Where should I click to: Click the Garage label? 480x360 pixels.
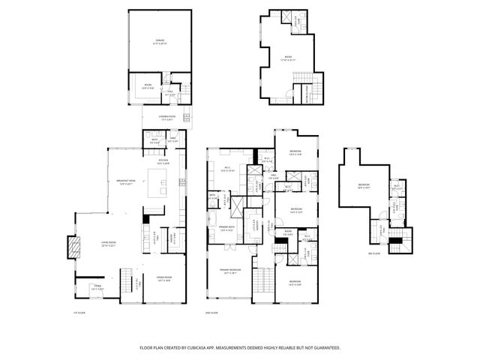159,42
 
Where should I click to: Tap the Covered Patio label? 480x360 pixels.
167,116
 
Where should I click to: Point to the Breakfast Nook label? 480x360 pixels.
127,181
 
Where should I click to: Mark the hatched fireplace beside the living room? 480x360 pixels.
74,247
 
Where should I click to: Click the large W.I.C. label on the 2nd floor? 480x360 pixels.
228,169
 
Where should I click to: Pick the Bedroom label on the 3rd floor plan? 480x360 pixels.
363,186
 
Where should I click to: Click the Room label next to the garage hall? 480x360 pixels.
148,86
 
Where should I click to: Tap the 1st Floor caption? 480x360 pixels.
77,312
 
